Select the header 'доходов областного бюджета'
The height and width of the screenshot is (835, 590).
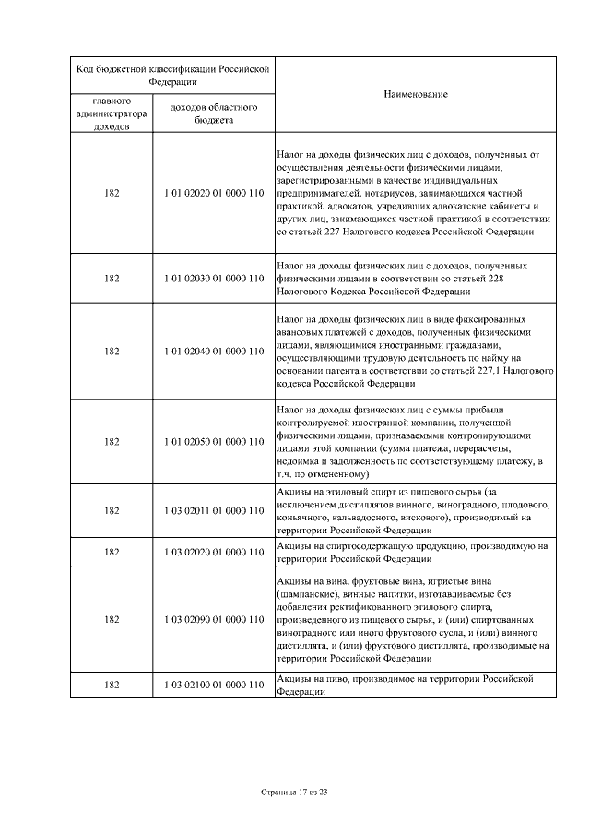tap(214, 113)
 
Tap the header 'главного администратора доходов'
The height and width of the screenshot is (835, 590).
tap(112, 113)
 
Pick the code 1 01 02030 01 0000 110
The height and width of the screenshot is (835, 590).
tap(214, 277)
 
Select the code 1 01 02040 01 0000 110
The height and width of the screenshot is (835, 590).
tap(214, 351)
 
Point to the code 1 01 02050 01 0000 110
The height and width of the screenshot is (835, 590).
tap(214, 441)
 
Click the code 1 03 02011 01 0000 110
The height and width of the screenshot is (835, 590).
tap(214, 510)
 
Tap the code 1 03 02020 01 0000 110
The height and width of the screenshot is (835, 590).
tap(214, 552)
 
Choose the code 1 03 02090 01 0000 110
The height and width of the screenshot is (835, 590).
tap(214, 619)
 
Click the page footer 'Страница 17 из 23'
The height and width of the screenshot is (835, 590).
tap(294, 793)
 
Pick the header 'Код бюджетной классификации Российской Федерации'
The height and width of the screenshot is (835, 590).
tap(171, 74)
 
